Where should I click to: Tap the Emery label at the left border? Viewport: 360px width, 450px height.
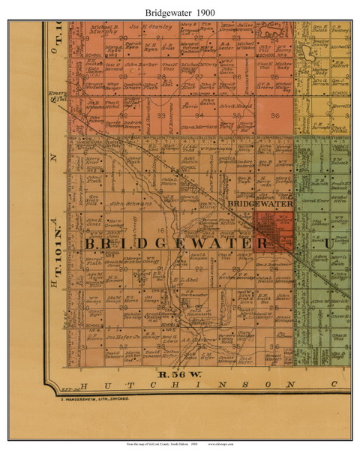[61, 94]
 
